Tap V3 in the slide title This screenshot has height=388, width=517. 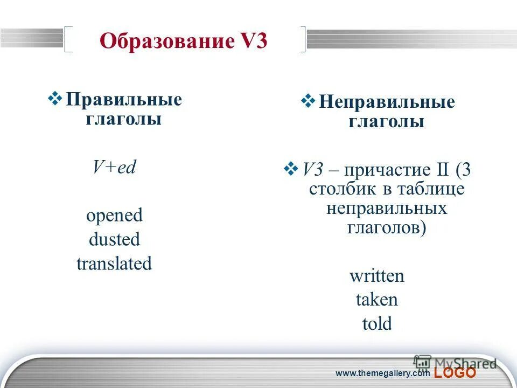click(252, 41)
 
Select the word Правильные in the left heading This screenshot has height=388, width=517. click(124, 100)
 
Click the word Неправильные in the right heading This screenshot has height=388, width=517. click(386, 102)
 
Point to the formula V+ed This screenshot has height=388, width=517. click(114, 167)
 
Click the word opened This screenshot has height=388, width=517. click(114, 216)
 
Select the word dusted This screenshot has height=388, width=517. click(114, 239)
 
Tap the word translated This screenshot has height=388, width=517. click(114, 264)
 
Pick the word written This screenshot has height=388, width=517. click(376, 276)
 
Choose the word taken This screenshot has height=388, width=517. click(376, 300)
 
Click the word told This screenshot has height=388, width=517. click(376, 324)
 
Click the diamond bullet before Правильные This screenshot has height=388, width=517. click(55, 99)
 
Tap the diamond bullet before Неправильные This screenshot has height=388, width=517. click(308, 101)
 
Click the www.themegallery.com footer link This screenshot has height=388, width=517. click(382, 373)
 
